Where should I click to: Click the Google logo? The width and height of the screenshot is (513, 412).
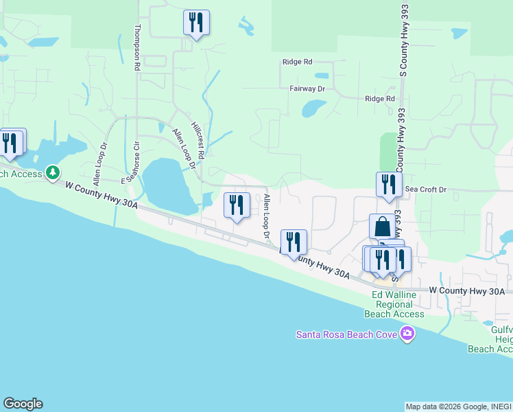pos(23,404)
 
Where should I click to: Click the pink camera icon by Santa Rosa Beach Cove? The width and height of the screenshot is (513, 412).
pos(408,334)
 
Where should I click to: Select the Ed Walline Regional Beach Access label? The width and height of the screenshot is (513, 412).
pos(398,304)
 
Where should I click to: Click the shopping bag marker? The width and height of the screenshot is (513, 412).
pos(382,227)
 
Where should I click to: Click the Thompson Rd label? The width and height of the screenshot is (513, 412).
pos(137,48)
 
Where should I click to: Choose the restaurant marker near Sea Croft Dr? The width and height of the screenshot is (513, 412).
pos(389,185)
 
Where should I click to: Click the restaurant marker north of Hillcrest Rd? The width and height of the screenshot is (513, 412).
pos(196,23)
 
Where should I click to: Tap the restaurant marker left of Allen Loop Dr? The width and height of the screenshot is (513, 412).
pos(237,205)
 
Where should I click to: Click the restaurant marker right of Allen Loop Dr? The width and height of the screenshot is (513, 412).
pos(294,242)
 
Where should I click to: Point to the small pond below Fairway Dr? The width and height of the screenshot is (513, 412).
pos(314,108)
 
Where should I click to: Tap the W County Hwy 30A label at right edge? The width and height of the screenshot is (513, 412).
pos(467,291)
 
